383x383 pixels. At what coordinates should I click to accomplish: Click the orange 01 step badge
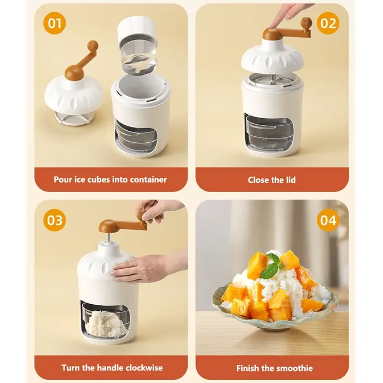pos(54,23)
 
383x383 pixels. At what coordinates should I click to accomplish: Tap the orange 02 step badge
pos(328,23)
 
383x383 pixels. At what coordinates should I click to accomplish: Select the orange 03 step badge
pos(54,220)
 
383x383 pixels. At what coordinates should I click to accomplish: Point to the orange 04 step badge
pos(328,220)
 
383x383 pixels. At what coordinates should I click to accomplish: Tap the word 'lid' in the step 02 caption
pos(291,180)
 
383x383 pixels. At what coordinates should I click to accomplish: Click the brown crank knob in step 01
pos(92,45)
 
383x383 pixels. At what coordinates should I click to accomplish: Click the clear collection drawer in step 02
pos(270,132)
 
